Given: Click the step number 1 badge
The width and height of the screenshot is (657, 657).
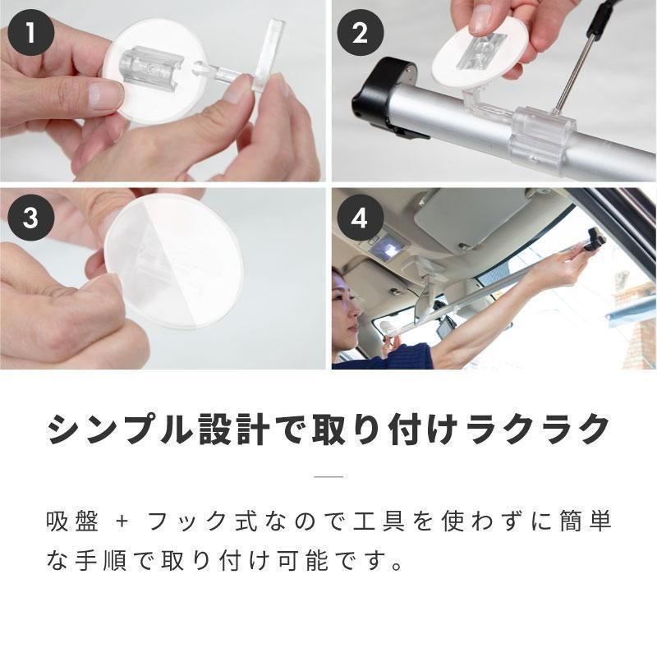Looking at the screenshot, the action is (31, 33).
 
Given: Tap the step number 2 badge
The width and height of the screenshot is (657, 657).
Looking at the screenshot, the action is (360, 33).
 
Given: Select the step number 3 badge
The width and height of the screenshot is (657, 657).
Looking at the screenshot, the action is (31, 218).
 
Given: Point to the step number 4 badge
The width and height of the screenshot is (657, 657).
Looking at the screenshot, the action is (360, 218).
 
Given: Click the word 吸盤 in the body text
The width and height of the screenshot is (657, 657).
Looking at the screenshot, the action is (72, 521).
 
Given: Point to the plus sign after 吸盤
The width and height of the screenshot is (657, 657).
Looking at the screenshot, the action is (122, 522).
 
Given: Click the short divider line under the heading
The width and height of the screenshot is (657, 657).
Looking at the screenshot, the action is (328, 476).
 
